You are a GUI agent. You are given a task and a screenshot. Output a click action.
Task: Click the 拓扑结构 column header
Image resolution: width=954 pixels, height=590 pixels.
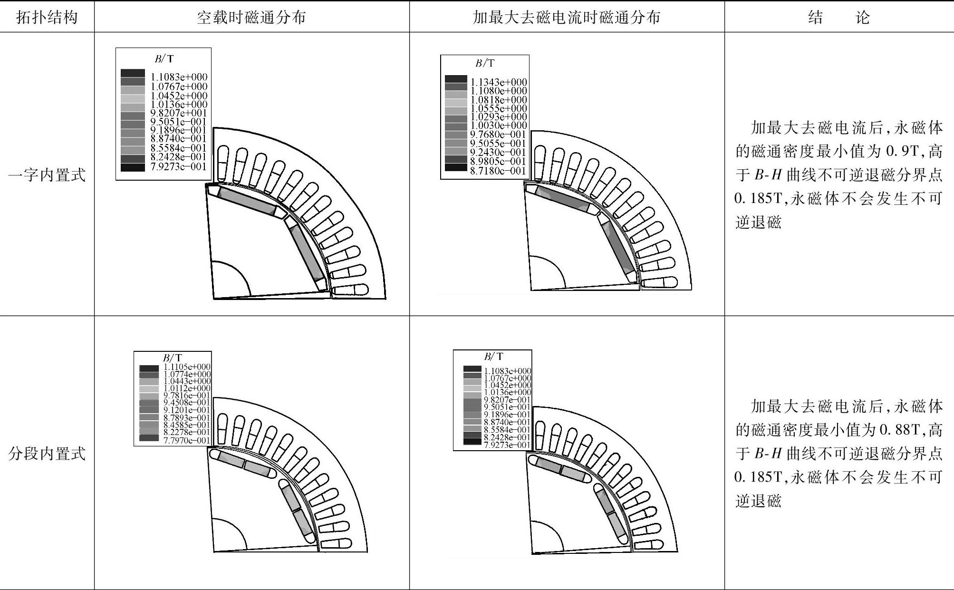pyautogui.click(x=47, y=18)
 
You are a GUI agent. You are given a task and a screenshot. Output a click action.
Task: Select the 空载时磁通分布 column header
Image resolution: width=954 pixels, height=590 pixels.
pyautogui.click(x=251, y=18)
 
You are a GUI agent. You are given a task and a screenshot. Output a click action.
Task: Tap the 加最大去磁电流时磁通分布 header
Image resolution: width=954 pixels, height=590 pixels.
pyautogui.click(x=567, y=18)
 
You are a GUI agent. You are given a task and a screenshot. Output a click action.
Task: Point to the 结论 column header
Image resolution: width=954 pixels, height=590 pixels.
pyautogui.click(x=838, y=18)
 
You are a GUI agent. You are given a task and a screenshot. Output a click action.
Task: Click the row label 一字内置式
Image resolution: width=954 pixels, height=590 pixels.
pyautogui.click(x=47, y=175)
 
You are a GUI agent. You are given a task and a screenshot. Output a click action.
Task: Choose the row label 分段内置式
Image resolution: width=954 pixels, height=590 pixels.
pyautogui.click(x=47, y=454)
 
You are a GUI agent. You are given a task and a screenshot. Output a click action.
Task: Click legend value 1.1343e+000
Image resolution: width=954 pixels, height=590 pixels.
pyautogui.click(x=499, y=82)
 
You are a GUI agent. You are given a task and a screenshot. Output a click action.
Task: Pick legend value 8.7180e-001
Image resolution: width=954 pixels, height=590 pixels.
pyautogui.click(x=498, y=171)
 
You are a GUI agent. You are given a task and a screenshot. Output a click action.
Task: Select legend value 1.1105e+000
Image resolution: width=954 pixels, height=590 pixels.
pyautogui.click(x=187, y=367)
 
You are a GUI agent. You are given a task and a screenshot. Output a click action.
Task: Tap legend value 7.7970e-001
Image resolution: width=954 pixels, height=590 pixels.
pyautogui.click(x=187, y=441)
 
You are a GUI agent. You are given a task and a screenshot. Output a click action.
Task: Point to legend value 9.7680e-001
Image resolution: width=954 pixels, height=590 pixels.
pyautogui.click(x=498, y=135)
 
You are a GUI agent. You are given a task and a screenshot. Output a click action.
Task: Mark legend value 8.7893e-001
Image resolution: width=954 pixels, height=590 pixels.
pyautogui.click(x=187, y=418)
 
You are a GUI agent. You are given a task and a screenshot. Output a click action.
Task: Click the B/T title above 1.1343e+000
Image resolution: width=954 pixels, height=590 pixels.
pyautogui.click(x=485, y=63)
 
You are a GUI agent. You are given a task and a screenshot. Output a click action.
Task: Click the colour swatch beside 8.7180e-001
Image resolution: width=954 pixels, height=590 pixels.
pyautogui.click(x=456, y=167)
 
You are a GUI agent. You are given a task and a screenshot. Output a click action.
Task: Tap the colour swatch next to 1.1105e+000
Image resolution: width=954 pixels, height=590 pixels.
pyautogui.click(x=149, y=368)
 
